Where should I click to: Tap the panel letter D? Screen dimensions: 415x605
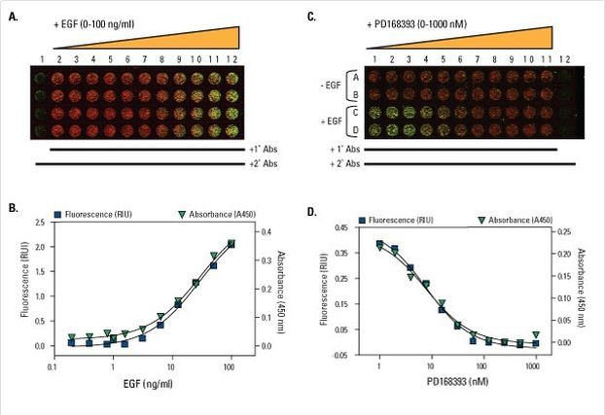click(x=311, y=206)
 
